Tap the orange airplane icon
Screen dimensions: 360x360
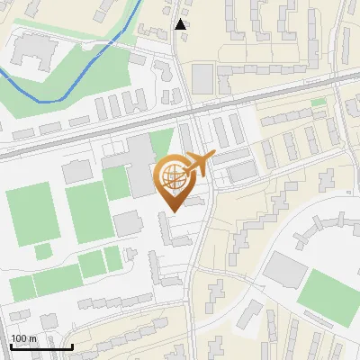pos(198,164)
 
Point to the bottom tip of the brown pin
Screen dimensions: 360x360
pos(172,211)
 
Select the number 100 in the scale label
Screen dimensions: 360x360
pos(20,338)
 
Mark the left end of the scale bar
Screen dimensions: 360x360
pos(10,346)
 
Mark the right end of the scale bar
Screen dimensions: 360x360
pos(72,346)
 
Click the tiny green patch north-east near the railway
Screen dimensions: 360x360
pos(319,103)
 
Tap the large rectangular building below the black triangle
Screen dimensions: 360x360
pos(203,79)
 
